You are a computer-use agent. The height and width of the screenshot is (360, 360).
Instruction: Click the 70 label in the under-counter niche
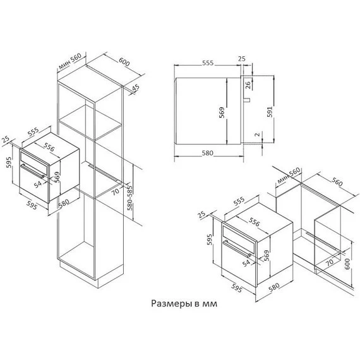[328, 260]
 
